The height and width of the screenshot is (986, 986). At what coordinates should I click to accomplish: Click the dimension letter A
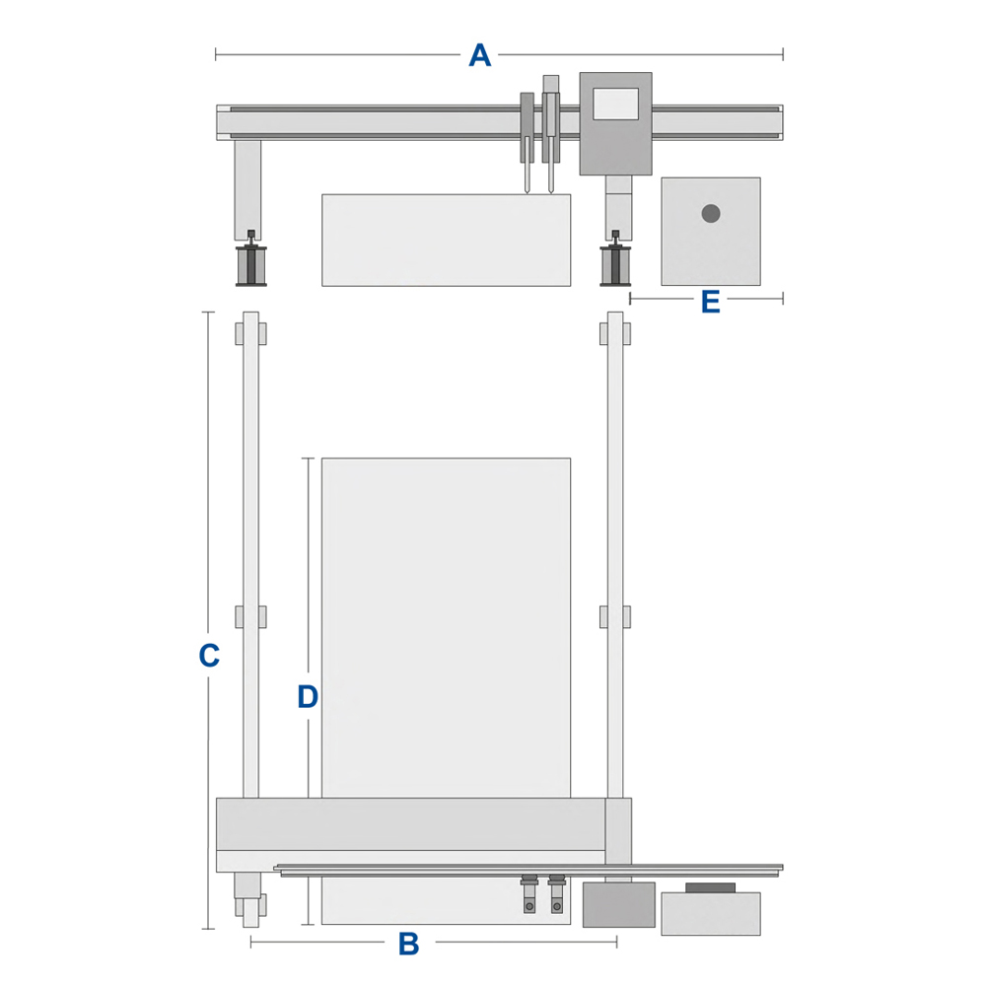pyautogui.click(x=480, y=54)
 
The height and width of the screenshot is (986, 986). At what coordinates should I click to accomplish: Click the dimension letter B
pyautogui.click(x=409, y=944)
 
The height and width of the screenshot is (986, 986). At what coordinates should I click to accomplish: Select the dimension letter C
pyautogui.click(x=209, y=656)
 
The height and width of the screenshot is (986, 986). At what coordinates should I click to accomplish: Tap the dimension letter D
pyautogui.click(x=308, y=697)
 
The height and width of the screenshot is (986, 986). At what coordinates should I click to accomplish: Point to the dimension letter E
pyautogui.click(x=711, y=302)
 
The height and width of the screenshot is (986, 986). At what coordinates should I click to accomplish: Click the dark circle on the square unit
pyautogui.click(x=711, y=214)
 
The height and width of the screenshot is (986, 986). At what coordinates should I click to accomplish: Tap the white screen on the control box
pyautogui.click(x=615, y=104)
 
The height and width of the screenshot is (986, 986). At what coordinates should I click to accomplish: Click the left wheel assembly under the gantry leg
pyautogui.click(x=250, y=259)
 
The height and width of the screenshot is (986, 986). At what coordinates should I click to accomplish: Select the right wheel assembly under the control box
pyautogui.click(x=615, y=259)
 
